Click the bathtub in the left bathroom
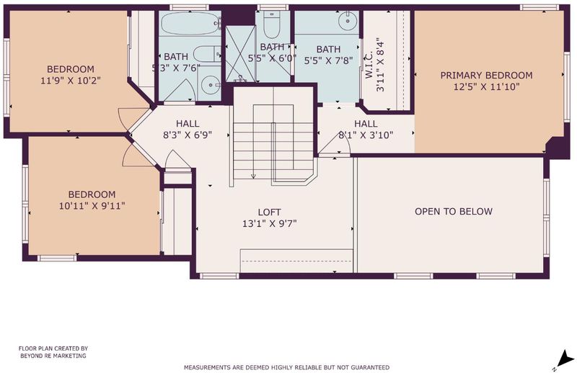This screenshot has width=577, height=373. click(x=191, y=24)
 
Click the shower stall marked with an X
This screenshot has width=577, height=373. click(x=240, y=54)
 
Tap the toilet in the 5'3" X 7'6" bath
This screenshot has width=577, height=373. click(x=207, y=55)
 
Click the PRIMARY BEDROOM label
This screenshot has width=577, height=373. click(x=486, y=76)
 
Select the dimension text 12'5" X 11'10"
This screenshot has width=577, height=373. click(x=486, y=86)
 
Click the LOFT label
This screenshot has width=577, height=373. click(x=269, y=212)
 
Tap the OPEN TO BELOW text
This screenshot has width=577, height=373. click(x=454, y=211)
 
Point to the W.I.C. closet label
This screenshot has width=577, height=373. click(x=369, y=65)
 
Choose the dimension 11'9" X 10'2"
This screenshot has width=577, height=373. click(x=71, y=81)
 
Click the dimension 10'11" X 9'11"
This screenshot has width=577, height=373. click(x=92, y=206)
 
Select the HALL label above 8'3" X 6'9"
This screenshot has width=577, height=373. click(x=188, y=123)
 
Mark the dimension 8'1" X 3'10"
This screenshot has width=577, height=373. click(x=366, y=135)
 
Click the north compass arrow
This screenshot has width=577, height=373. click(x=565, y=359)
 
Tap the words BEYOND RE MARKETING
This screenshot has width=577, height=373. click(x=53, y=356)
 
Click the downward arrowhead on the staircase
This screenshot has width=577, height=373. click(x=253, y=176)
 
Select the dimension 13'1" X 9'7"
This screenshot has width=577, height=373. click(x=269, y=223)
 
